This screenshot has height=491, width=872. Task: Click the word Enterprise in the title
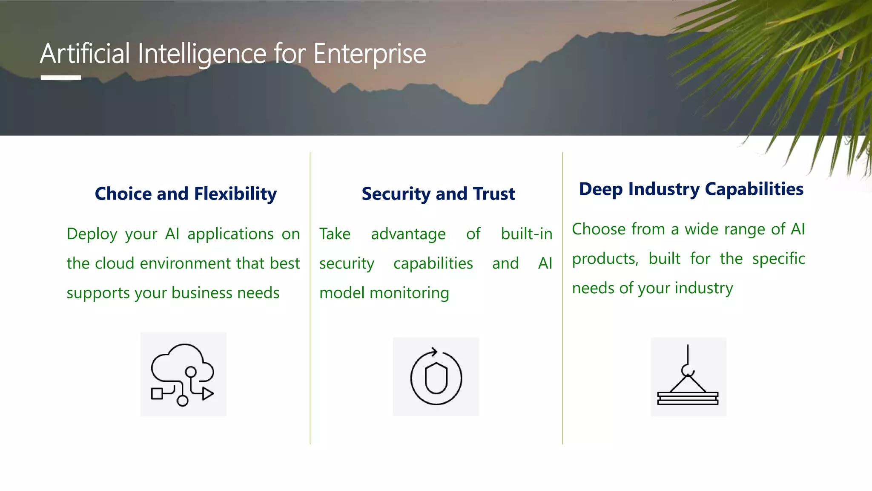coord(369,54)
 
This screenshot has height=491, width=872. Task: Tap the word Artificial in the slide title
coord(85,54)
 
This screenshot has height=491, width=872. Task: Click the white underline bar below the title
coord(61,78)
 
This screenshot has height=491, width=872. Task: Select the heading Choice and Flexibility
coord(186,194)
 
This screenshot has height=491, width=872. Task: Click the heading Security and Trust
coord(438,194)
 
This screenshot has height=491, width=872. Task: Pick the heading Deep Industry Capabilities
coord(691,189)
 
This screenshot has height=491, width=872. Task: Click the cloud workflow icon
coord(183,374)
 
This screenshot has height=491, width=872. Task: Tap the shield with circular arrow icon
coord(436,377)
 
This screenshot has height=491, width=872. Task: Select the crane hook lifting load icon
coord(688,377)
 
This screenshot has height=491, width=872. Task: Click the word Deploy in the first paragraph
coord(92,234)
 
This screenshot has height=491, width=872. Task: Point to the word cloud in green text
coord(115,263)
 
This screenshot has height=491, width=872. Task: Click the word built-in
coord(526,234)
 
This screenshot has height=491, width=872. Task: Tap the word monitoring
coord(409,293)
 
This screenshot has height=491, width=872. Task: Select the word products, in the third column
coord(605,259)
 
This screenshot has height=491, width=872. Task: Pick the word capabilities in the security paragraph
coord(433,263)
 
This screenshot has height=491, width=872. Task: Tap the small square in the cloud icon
coord(157,393)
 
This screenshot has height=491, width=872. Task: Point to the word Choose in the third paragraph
coord(597,229)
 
